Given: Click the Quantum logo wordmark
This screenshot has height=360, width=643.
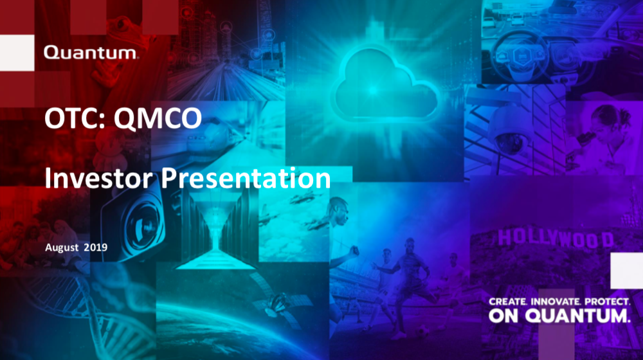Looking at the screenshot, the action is click(x=91, y=53).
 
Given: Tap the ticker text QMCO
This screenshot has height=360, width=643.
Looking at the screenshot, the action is click(x=158, y=118).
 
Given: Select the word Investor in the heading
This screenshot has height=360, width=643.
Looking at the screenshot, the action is click(x=98, y=178).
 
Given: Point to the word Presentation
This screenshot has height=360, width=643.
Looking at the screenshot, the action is click(x=245, y=178).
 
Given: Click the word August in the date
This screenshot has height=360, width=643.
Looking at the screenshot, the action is click(x=62, y=248).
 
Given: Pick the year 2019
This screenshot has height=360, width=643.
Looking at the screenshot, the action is click(x=96, y=248).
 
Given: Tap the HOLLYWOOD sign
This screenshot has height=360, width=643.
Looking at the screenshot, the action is click(x=556, y=239).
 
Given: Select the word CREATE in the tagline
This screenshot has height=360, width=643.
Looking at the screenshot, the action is click(x=508, y=301).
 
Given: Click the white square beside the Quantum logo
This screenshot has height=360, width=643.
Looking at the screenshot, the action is click(x=17, y=53).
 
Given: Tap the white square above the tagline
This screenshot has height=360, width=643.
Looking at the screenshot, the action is click(x=626, y=271).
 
